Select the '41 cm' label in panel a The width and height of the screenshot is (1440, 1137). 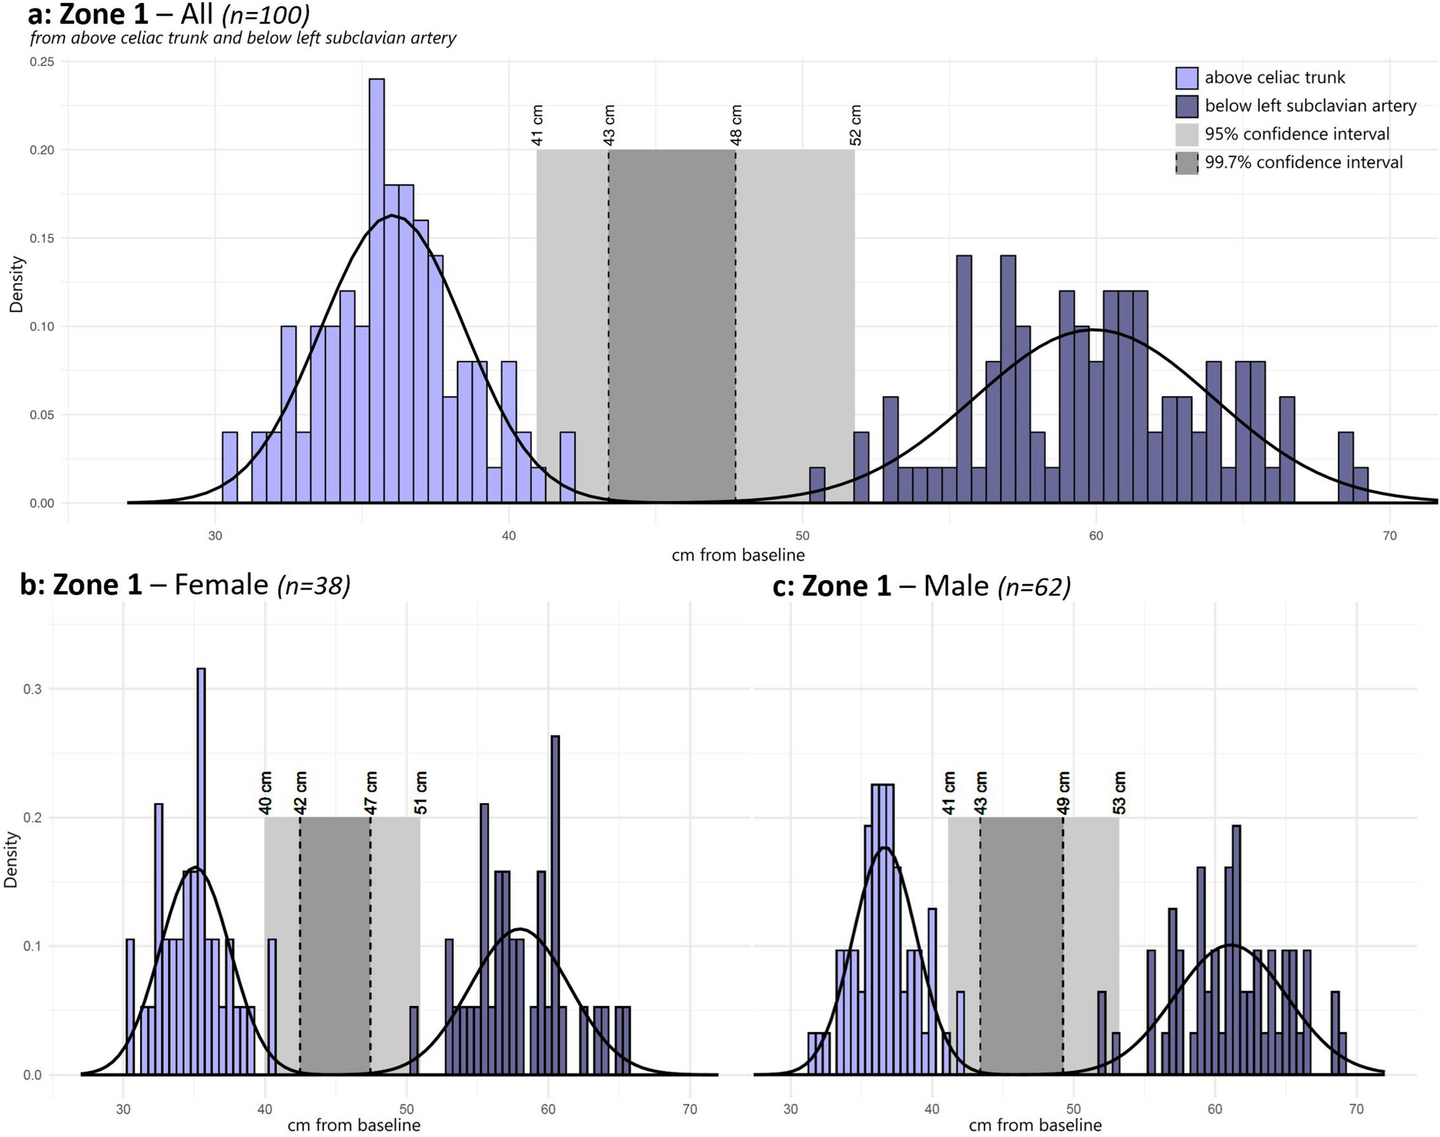coord(538,126)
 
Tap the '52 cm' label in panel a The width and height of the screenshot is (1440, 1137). coord(856,126)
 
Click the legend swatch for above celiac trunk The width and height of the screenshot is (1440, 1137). coord(1187,77)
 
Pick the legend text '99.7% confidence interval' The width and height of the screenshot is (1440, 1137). coord(1303,162)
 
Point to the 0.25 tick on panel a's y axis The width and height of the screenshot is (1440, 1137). coord(41,62)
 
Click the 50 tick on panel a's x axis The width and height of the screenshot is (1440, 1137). coord(802,536)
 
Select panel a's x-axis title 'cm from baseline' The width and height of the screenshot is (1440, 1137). coord(738,555)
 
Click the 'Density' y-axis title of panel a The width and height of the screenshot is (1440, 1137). coord(16,285)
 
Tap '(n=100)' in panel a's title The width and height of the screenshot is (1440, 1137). coord(266,14)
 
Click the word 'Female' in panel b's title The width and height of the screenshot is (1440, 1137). coord(221,585)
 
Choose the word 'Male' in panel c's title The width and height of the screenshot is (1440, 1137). coord(956,586)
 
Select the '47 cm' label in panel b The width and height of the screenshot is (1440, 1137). coord(370,792)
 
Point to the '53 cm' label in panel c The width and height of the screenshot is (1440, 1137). coord(1120,792)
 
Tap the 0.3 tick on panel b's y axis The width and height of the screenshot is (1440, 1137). coord(33,689)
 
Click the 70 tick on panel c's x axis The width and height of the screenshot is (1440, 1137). coord(1356,1109)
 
